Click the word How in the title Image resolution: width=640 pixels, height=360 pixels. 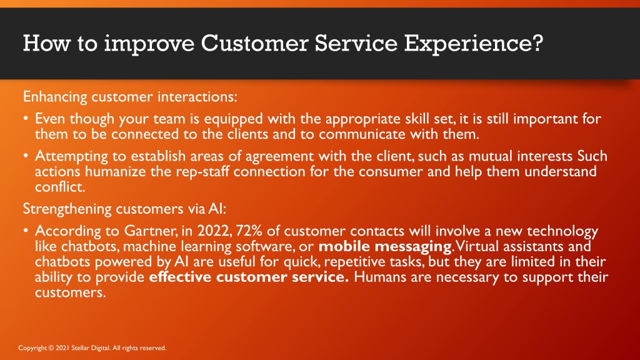click(x=46, y=43)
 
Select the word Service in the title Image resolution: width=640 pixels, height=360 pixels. click(x=356, y=43)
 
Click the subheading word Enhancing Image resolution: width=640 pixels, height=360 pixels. click(x=55, y=97)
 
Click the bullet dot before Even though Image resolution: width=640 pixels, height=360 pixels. click(x=26, y=118)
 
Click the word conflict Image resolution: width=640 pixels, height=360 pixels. click(x=59, y=186)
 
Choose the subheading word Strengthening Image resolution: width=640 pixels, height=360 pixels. click(x=67, y=209)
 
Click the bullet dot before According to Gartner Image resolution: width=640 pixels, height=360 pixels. click(x=26, y=231)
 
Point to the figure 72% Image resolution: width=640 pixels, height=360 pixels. click(x=249, y=231)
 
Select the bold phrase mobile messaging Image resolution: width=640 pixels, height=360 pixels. click(x=385, y=247)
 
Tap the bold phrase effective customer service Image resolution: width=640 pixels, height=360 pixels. click(x=249, y=277)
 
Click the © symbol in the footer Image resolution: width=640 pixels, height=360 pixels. click(x=51, y=348)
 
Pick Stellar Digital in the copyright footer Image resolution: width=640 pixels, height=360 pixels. click(x=90, y=348)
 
